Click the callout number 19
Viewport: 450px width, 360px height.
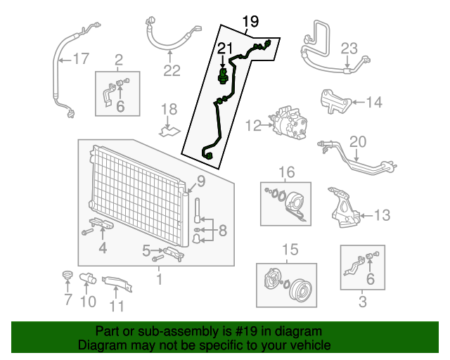click(x=250, y=22)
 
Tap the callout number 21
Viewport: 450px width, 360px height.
click(x=223, y=48)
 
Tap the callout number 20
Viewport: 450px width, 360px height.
click(x=358, y=141)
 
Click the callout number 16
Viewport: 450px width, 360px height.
click(x=286, y=173)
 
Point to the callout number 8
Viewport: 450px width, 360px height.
click(x=221, y=230)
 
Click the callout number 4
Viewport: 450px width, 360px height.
click(x=103, y=247)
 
